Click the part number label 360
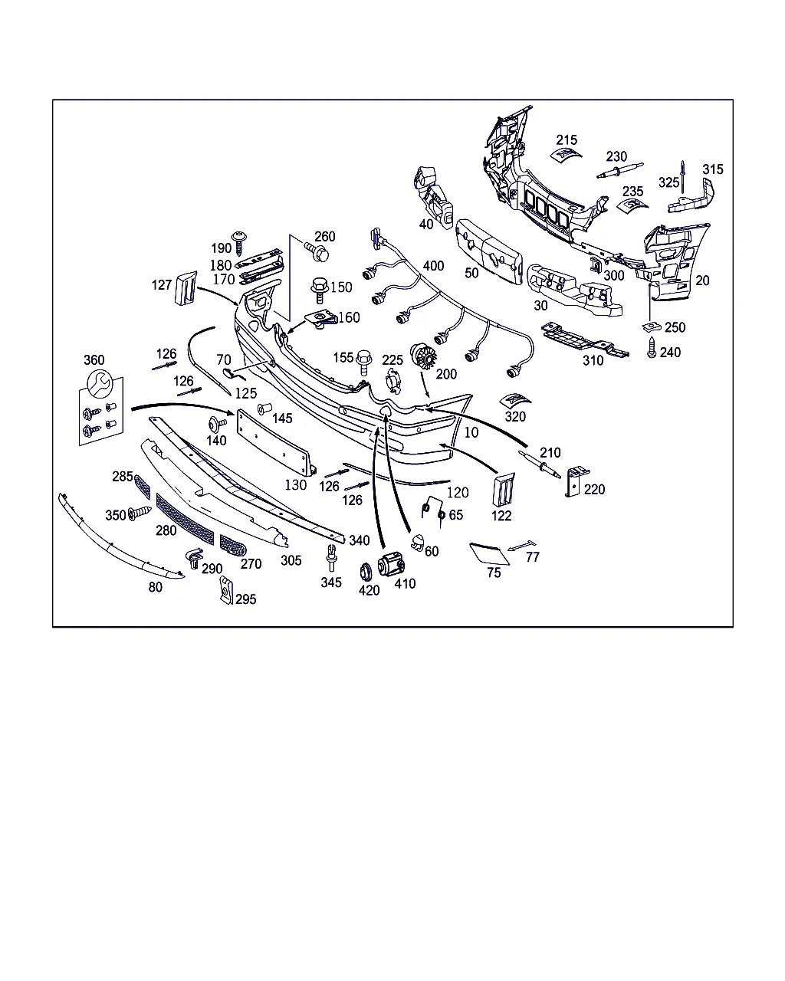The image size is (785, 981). [x=94, y=360]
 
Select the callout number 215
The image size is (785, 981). [x=567, y=140]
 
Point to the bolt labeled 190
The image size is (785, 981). [x=239, y=243]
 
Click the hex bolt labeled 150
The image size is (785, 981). [x=320, y=290]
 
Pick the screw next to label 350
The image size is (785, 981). [x=140, y=513]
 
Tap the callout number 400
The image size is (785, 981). [x=433, y=266]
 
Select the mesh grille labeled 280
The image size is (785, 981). [x=185, y=519]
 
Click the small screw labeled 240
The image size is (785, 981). [x=652, y=348]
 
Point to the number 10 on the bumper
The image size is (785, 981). [x=471, y=432]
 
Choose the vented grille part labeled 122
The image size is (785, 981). [x=503, y=489]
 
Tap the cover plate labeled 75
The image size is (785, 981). [x=489, y=553]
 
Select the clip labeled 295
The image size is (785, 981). [x=226, y=590]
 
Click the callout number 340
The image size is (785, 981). [x=360, y=540]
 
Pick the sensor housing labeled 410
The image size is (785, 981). [x=391, y=563]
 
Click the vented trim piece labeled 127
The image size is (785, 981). [x=186, y=288]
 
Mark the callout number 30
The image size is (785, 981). [x=540, y=306]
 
